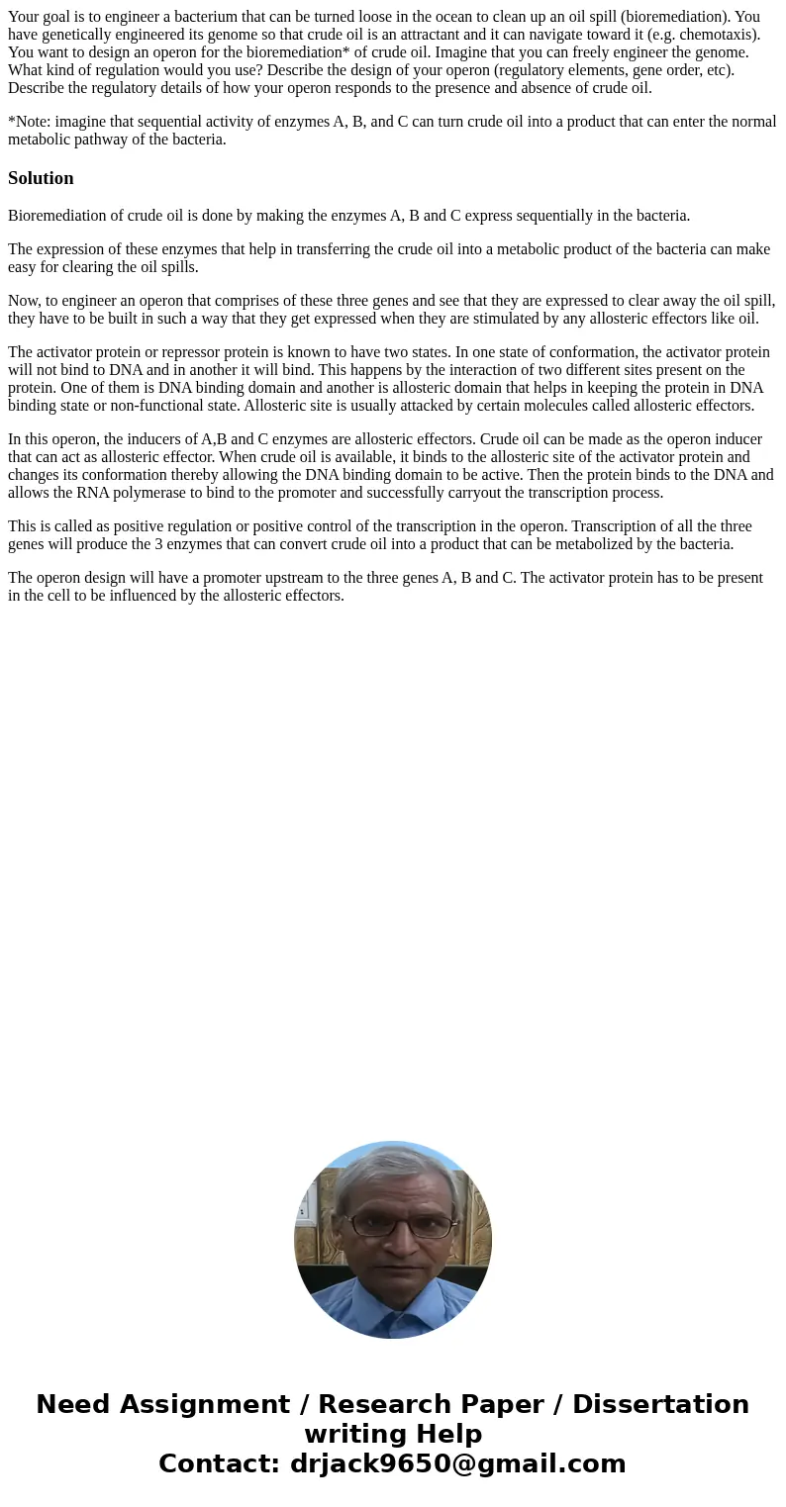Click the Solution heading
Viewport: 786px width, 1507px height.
pos(41,178)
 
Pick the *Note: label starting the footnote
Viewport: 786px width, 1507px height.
pos(29,122)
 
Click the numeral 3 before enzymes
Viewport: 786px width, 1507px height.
pos(158,544)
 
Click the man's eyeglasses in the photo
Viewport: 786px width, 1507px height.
pos(393,1226)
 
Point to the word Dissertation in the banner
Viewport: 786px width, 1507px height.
pos(660,1405)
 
